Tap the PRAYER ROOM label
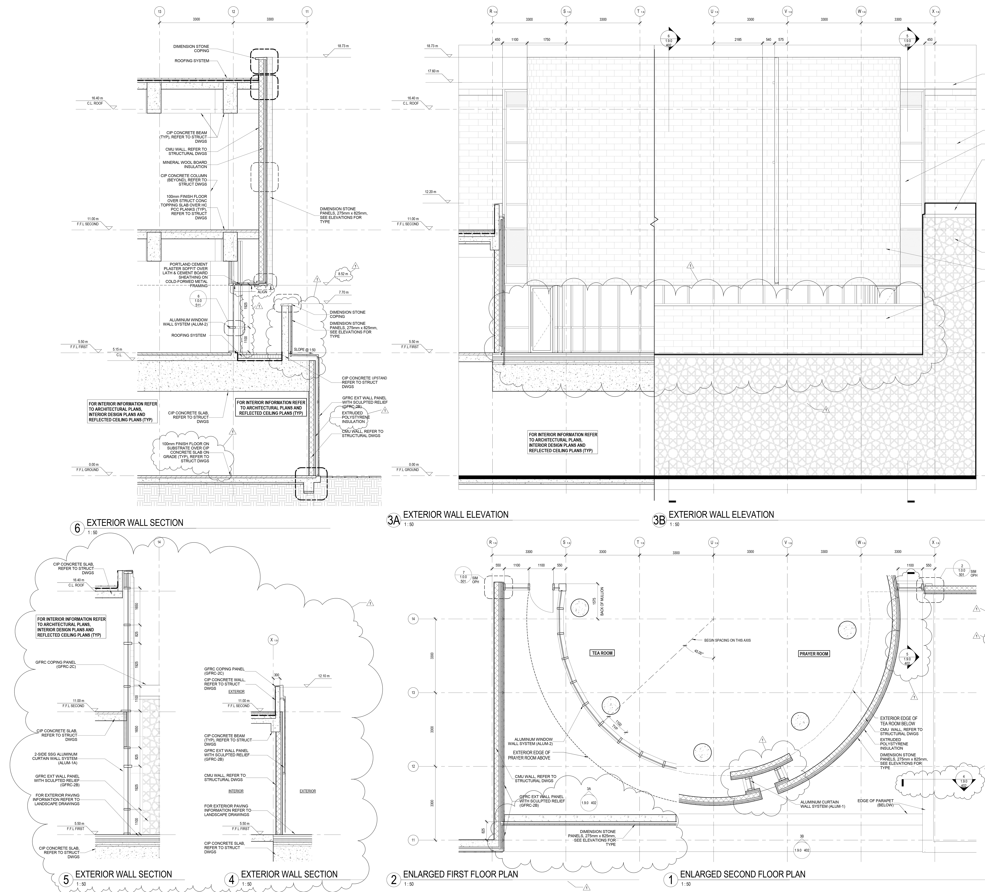point(814,654)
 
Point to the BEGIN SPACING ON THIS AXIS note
point(727,640)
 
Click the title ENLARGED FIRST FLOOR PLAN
point(460,874)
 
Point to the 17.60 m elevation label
point(433,71)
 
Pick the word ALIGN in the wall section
point(262,292)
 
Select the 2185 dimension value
point(738,40)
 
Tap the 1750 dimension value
point(547,40)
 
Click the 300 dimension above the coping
point(277,675)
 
